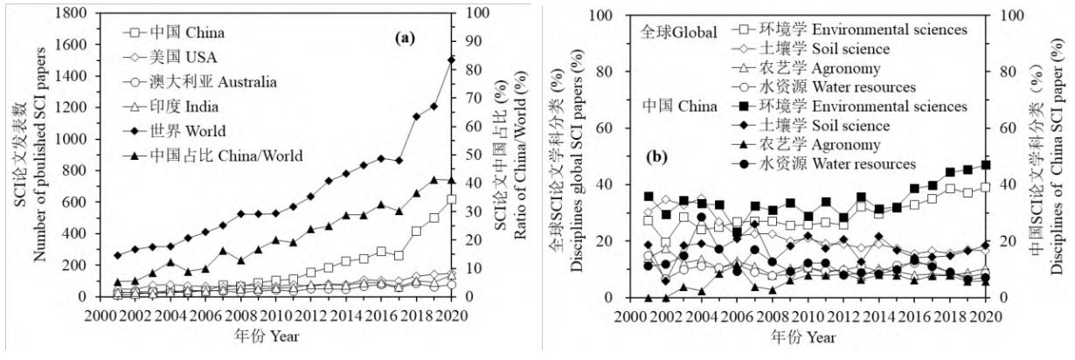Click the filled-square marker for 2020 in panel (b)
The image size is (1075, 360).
(986, 164)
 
